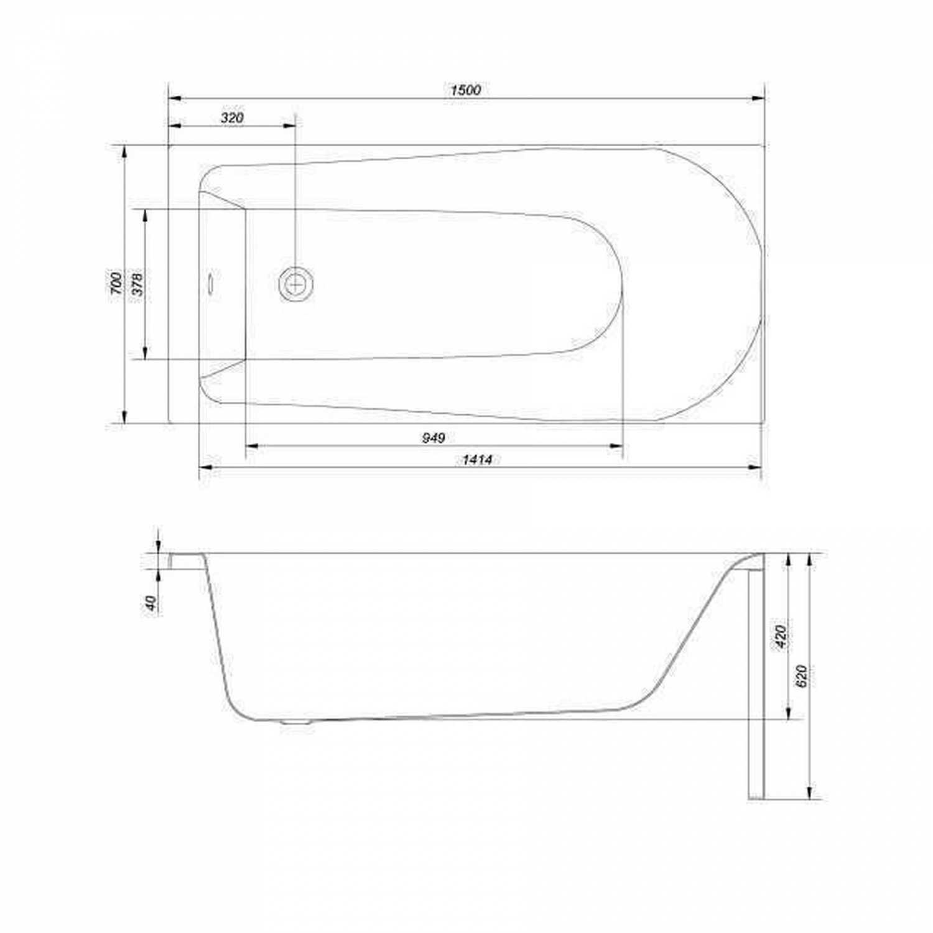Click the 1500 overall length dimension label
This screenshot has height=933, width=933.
pos(466,90)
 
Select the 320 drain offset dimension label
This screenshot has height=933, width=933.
pos(232,118)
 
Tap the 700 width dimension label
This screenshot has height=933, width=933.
pos(116,284)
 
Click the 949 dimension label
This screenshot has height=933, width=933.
pos(433,438)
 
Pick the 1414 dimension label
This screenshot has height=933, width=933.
pos(477,460)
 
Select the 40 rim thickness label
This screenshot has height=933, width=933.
pos(151,602)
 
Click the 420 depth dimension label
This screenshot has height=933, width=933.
pos(781,636)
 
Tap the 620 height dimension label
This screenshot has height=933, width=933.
pos(802,675)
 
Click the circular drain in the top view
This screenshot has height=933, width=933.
pos(296,284)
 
